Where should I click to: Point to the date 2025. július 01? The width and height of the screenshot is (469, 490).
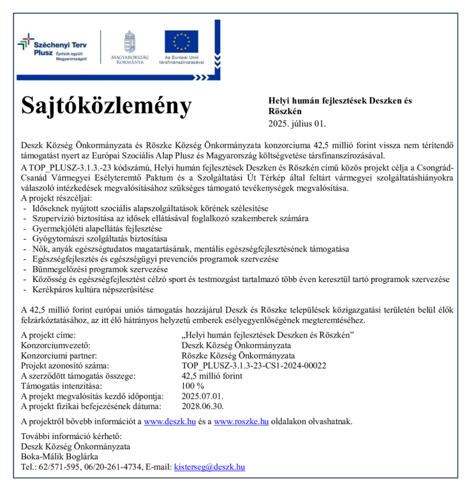(296, 123)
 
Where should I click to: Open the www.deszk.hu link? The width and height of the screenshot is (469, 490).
(170, 421)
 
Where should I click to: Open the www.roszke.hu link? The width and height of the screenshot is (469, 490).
(241, 421)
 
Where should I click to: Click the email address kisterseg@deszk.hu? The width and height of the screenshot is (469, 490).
(209, 467)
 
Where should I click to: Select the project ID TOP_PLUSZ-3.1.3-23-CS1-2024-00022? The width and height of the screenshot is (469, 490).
(254, 366)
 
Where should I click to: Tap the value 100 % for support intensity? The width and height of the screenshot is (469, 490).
(193, 386)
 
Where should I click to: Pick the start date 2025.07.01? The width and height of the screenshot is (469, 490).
(203, 396)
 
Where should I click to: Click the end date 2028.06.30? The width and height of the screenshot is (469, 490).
(203, 406)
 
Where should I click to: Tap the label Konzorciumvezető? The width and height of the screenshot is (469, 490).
(56, 345)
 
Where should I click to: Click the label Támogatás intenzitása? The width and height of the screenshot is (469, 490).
(61, 386)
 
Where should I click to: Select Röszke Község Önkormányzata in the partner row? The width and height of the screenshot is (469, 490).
(238, 355)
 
